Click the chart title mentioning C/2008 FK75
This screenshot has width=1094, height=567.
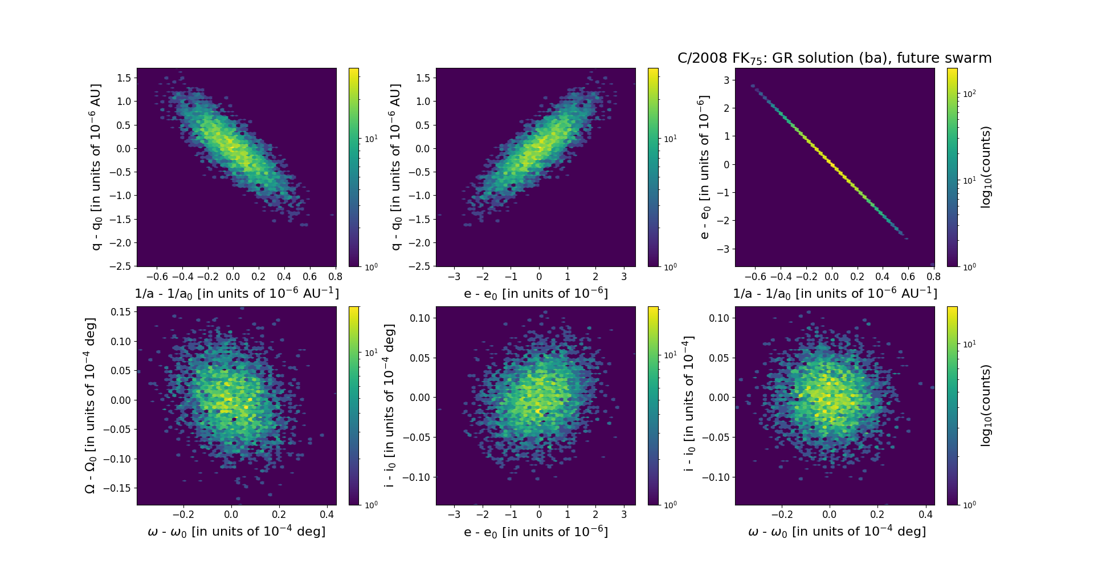coord(834,58)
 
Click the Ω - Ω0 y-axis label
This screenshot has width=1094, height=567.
coord(90,406)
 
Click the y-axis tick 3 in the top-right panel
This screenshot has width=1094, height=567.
coord(726,80)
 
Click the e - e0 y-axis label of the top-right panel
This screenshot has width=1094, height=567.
coord(705,167)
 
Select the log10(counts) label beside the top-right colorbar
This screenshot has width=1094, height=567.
coord(986,167)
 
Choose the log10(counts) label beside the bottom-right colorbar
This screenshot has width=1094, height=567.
coord(986,406)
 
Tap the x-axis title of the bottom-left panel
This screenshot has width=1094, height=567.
coord(236,532)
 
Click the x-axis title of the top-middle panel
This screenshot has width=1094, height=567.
coord(536,294)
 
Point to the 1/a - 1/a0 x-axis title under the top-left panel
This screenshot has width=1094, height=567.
coord(236,294)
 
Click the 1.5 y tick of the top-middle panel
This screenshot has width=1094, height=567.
coord(423,78)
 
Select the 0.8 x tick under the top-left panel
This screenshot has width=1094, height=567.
coord(336,277)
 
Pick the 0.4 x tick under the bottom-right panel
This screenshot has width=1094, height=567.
coord(925,515)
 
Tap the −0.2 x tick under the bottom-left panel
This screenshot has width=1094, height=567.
coord(183,515)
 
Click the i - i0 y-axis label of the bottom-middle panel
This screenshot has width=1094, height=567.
coord(390,406)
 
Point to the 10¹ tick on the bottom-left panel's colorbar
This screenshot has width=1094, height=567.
coord(371,353)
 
